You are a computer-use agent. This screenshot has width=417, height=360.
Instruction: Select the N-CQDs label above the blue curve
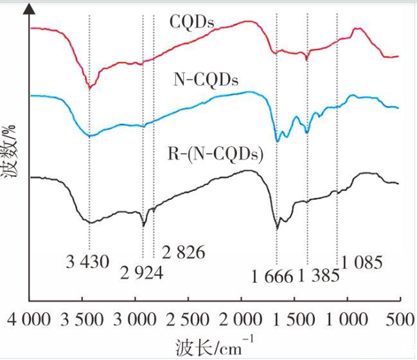tap(206, 80)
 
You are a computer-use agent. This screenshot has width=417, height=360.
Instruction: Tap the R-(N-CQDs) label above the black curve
tap(215, 154)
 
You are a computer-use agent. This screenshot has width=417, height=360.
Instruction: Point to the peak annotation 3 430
tap(88, 262)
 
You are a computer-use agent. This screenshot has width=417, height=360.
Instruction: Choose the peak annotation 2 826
tap(183, 253)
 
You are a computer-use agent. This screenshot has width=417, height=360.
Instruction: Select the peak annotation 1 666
tap(272, 277)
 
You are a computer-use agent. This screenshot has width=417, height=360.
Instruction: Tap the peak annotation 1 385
tap(318, 277)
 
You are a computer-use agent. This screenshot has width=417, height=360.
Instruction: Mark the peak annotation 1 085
tap(362, 262)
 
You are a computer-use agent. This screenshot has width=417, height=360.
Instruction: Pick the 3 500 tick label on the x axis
tap(83, 319)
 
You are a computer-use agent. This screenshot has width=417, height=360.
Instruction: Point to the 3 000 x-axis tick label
tap(136, 319)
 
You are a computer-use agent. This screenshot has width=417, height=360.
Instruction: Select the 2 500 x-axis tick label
tap(189, 319)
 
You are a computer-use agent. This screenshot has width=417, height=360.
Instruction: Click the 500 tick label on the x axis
tap(400, 319)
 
